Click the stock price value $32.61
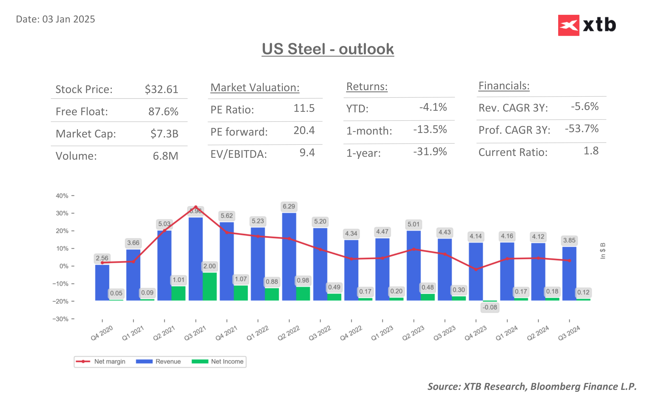(161, 89)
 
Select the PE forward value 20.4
(304, 131)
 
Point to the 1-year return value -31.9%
(430, 152)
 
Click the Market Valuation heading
(255, 88)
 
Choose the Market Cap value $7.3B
(164, 134)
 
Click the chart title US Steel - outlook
(328, 49)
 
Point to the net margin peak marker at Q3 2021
(196, 207)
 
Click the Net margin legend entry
(101, 361)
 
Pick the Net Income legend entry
(218, 361)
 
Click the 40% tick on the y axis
(62, 196)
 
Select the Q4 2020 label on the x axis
(102, 333)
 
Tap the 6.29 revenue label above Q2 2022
(289, 206)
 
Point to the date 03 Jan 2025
(68, 19)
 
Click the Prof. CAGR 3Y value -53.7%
(581, 129)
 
